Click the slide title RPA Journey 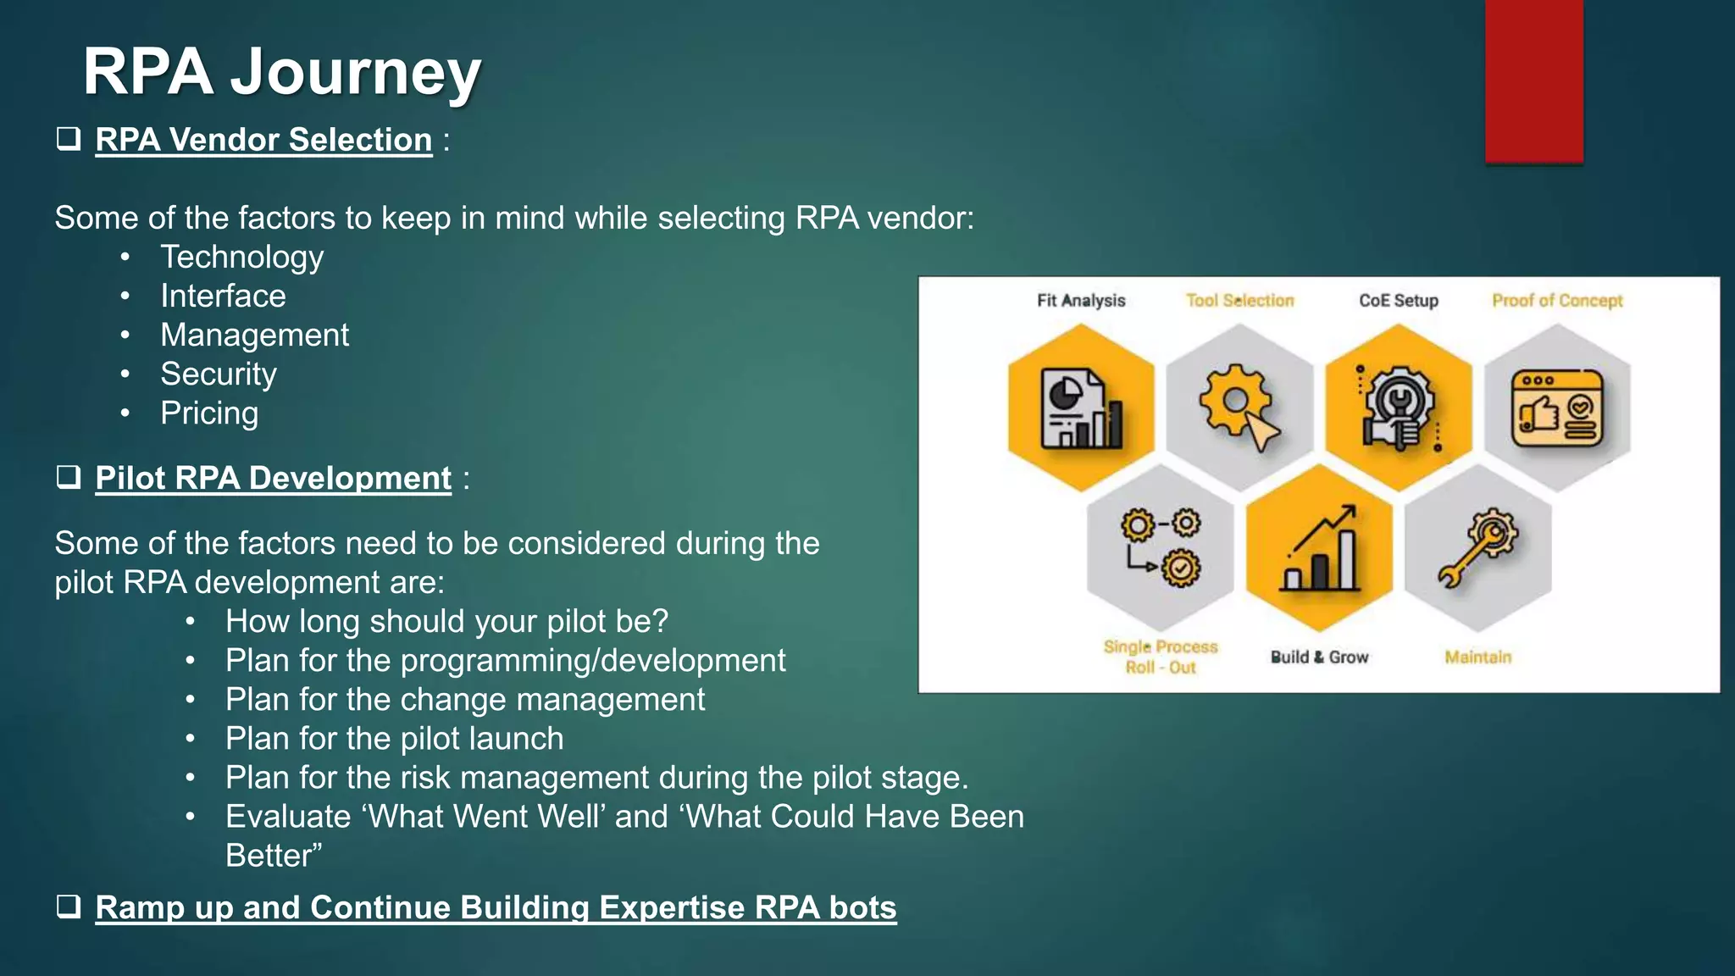281,73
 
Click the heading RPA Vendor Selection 263,140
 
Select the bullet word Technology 241,257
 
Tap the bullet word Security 219,374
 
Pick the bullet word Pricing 209,413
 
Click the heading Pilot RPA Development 273,478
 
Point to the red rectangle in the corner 1533,80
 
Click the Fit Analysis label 1081,301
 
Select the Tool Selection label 1239,301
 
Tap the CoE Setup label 1399,301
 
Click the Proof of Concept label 1557,301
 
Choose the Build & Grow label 1319,657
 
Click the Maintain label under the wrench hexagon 1477,657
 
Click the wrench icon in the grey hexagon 1477,547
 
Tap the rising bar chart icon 1320,549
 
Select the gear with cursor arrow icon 1239,408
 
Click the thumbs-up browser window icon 1557,408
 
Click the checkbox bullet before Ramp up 69,907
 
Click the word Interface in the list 223,296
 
